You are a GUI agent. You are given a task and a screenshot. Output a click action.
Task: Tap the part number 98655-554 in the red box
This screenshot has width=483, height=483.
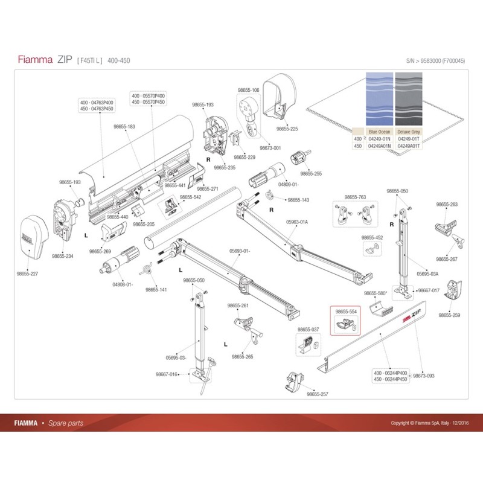(x=347, y=312)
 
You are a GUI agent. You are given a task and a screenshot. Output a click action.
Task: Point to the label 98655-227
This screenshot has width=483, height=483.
(x=27, y=273)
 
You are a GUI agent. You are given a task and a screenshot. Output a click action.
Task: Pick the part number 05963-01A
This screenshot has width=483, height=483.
(x=297, y=222)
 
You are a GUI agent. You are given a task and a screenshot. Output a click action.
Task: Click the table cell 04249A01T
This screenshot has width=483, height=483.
(x=408, y=146)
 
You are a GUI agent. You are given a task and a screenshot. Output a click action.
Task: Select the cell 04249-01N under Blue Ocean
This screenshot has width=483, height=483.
(x=380, y=139)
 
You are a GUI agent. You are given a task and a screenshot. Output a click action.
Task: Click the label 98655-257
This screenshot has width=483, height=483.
(x=318, y=394)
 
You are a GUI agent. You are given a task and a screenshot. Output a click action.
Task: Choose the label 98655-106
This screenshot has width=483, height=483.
(x=248, y=91)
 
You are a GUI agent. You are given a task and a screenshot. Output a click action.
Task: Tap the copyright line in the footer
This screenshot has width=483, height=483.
(x=430, y=423)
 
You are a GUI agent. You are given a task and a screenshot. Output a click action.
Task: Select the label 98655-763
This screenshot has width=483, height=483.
(x=355, y=197)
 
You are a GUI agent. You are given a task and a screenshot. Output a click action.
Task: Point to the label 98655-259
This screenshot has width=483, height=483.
(x=449, y=315)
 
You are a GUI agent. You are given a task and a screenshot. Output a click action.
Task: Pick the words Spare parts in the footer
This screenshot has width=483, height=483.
(x=66, y=423)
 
